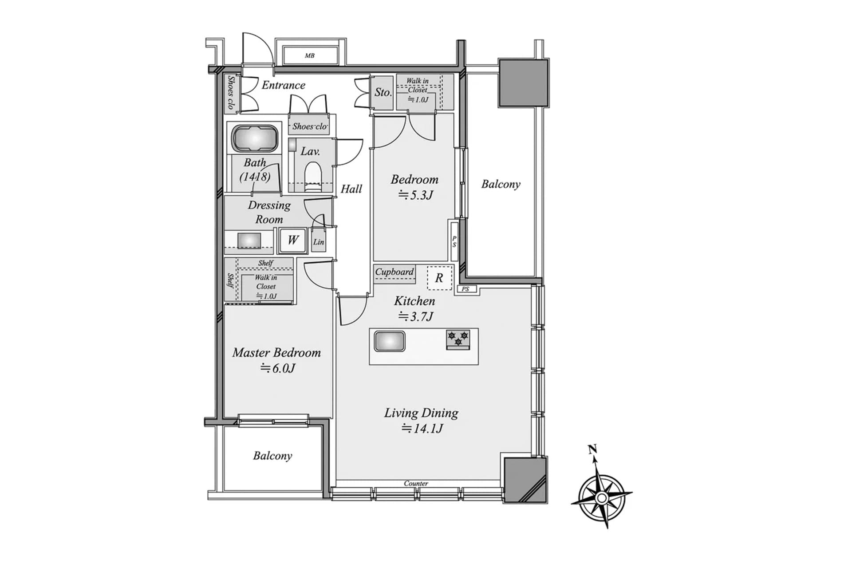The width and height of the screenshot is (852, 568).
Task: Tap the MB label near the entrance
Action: (x=310, y=56)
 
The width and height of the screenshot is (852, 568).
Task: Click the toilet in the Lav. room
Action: (x=313, y=174)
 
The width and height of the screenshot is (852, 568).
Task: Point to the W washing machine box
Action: (x=292, y=240)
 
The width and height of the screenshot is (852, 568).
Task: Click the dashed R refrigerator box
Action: (x=439, y=278)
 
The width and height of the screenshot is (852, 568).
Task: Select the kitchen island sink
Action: (x=389, y=342)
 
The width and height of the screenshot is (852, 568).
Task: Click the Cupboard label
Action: (x=394, y=272)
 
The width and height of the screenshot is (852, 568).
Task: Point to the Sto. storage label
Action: (x=383, y=92)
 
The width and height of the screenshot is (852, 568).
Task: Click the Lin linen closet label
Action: (x=319, y=242)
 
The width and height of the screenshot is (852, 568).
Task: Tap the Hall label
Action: (x=351, y=189)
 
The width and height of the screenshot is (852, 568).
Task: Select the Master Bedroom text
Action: (x=276, y=353)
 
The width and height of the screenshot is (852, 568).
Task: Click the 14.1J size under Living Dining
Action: (x=422, y=429)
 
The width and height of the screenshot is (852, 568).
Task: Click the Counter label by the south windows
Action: (x=416, y=483)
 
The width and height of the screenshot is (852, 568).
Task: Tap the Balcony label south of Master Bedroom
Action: (x=272, y=456)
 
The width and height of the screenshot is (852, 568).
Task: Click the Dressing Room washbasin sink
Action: (x=249, y=241)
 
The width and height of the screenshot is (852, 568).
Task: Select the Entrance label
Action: (x=283, y=85)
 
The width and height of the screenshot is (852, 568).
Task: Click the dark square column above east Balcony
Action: (x=524, y=83)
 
